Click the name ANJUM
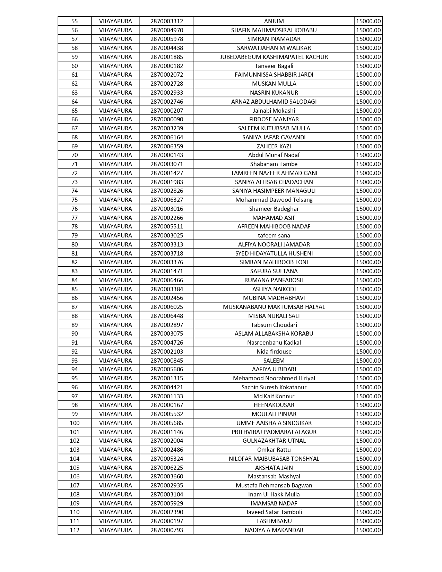[274, 21]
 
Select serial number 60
[75, 66]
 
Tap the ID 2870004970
[167, 30]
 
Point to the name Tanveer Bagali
[274, 66]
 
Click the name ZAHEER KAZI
[274, 146]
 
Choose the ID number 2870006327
[167, 200]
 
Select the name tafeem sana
[274, 235]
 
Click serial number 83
[75, 271]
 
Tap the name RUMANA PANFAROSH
[274, 280]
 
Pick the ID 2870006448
[167, 316]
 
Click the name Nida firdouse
[274, 352]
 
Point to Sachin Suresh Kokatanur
[274, 387]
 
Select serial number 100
[75, 423]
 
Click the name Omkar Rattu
[274, 450]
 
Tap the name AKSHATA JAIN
[274, 468]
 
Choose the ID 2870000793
[167, 530]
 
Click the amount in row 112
[368, 530]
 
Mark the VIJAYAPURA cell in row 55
[115, 21]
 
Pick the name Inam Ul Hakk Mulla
[274, 494]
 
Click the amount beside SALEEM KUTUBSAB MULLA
[368, 128]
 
